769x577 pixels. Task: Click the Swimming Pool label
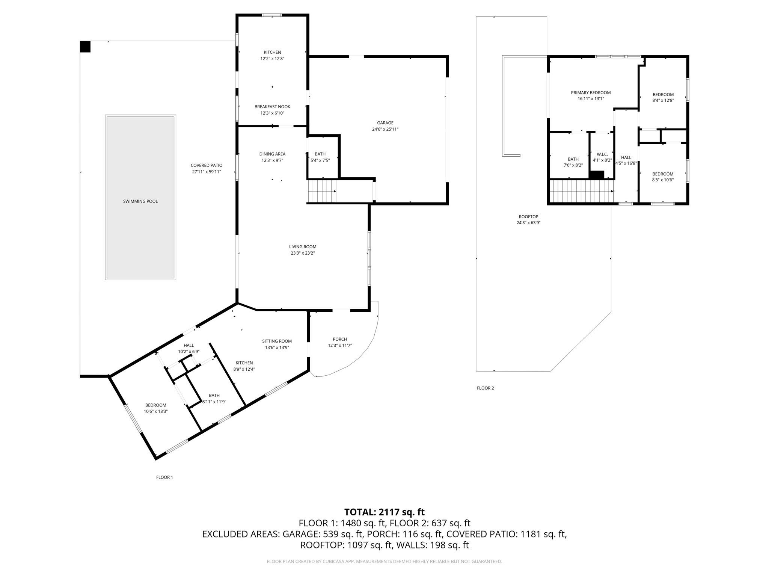(140, 201)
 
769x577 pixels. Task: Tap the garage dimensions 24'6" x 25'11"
(385, 129)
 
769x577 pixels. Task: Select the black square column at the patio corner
(85, 47)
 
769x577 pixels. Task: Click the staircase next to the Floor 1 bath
(322, 191)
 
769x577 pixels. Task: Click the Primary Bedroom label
(591, 93)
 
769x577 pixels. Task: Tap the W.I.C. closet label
(602, 154)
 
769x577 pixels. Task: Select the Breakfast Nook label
(272, 107)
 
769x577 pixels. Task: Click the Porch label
(340, 339)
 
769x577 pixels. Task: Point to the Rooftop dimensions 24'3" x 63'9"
(528, 223)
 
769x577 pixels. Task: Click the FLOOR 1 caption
(164, 477)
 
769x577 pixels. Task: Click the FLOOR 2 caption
(485, 388)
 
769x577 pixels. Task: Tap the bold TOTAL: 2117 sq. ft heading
(384, 512)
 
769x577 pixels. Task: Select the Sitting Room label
(277, 341)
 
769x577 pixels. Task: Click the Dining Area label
(272, 154)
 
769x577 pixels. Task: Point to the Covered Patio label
(206, 165)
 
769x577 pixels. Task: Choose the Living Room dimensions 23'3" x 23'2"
(303, 253)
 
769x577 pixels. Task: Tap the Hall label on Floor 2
(626, 157)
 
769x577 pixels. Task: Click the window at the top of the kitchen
(272, 15)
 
